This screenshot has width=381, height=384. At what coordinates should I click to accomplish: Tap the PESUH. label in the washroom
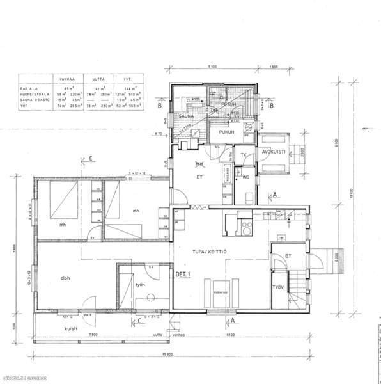[228, 104]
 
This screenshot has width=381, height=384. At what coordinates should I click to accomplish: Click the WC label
[245, 177]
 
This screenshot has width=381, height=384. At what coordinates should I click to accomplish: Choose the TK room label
[244, 155]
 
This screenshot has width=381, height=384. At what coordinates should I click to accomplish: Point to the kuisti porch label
[71, 328]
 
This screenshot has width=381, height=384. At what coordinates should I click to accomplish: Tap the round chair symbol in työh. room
[149, 296]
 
